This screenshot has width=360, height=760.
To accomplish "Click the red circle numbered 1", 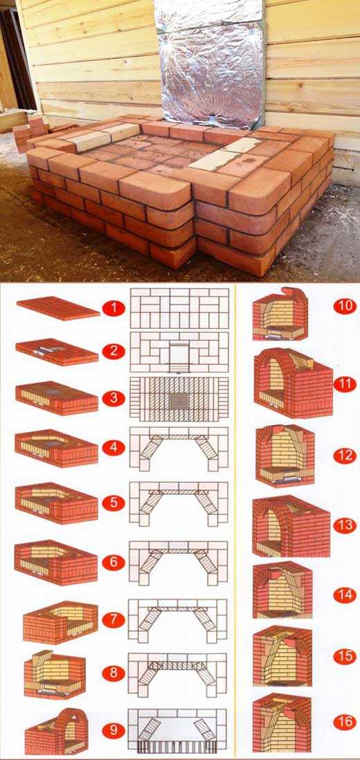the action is (x=114, y=308).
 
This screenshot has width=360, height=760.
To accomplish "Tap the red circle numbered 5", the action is (x=114, y=503).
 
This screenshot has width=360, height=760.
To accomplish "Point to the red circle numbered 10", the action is (x=345, y=306).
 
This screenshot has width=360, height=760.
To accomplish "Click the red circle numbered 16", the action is (x=345, y=722).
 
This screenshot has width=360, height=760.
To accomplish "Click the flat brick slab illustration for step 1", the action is (x=58, y=308).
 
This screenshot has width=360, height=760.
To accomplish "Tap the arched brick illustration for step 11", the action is (x=293, y=383).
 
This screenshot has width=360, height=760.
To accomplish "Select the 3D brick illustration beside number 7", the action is (x=60, y=622).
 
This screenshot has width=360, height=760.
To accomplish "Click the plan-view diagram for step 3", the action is (x=179, y=399).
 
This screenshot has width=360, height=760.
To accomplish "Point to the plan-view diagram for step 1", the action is (x=179, y=308).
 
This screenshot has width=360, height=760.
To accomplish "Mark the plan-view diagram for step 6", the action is (x=179, y=563).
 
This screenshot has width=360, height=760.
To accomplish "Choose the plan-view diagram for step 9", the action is (x=177, y=730).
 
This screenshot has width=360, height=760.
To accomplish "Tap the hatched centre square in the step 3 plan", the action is (x=179, y=400).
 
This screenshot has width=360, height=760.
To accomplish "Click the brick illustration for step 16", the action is (x=282, y=723).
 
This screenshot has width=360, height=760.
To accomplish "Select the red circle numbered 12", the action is (x=345, y=456).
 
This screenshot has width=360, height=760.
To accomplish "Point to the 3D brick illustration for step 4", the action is (x=56, y=449).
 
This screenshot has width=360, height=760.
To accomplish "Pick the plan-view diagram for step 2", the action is (x=179, y=352).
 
